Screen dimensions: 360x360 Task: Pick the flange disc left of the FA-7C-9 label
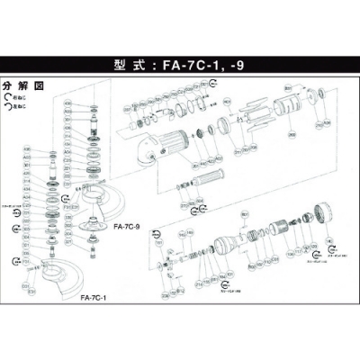pos(93,227)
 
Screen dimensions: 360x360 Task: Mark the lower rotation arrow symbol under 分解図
pos(7,106)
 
